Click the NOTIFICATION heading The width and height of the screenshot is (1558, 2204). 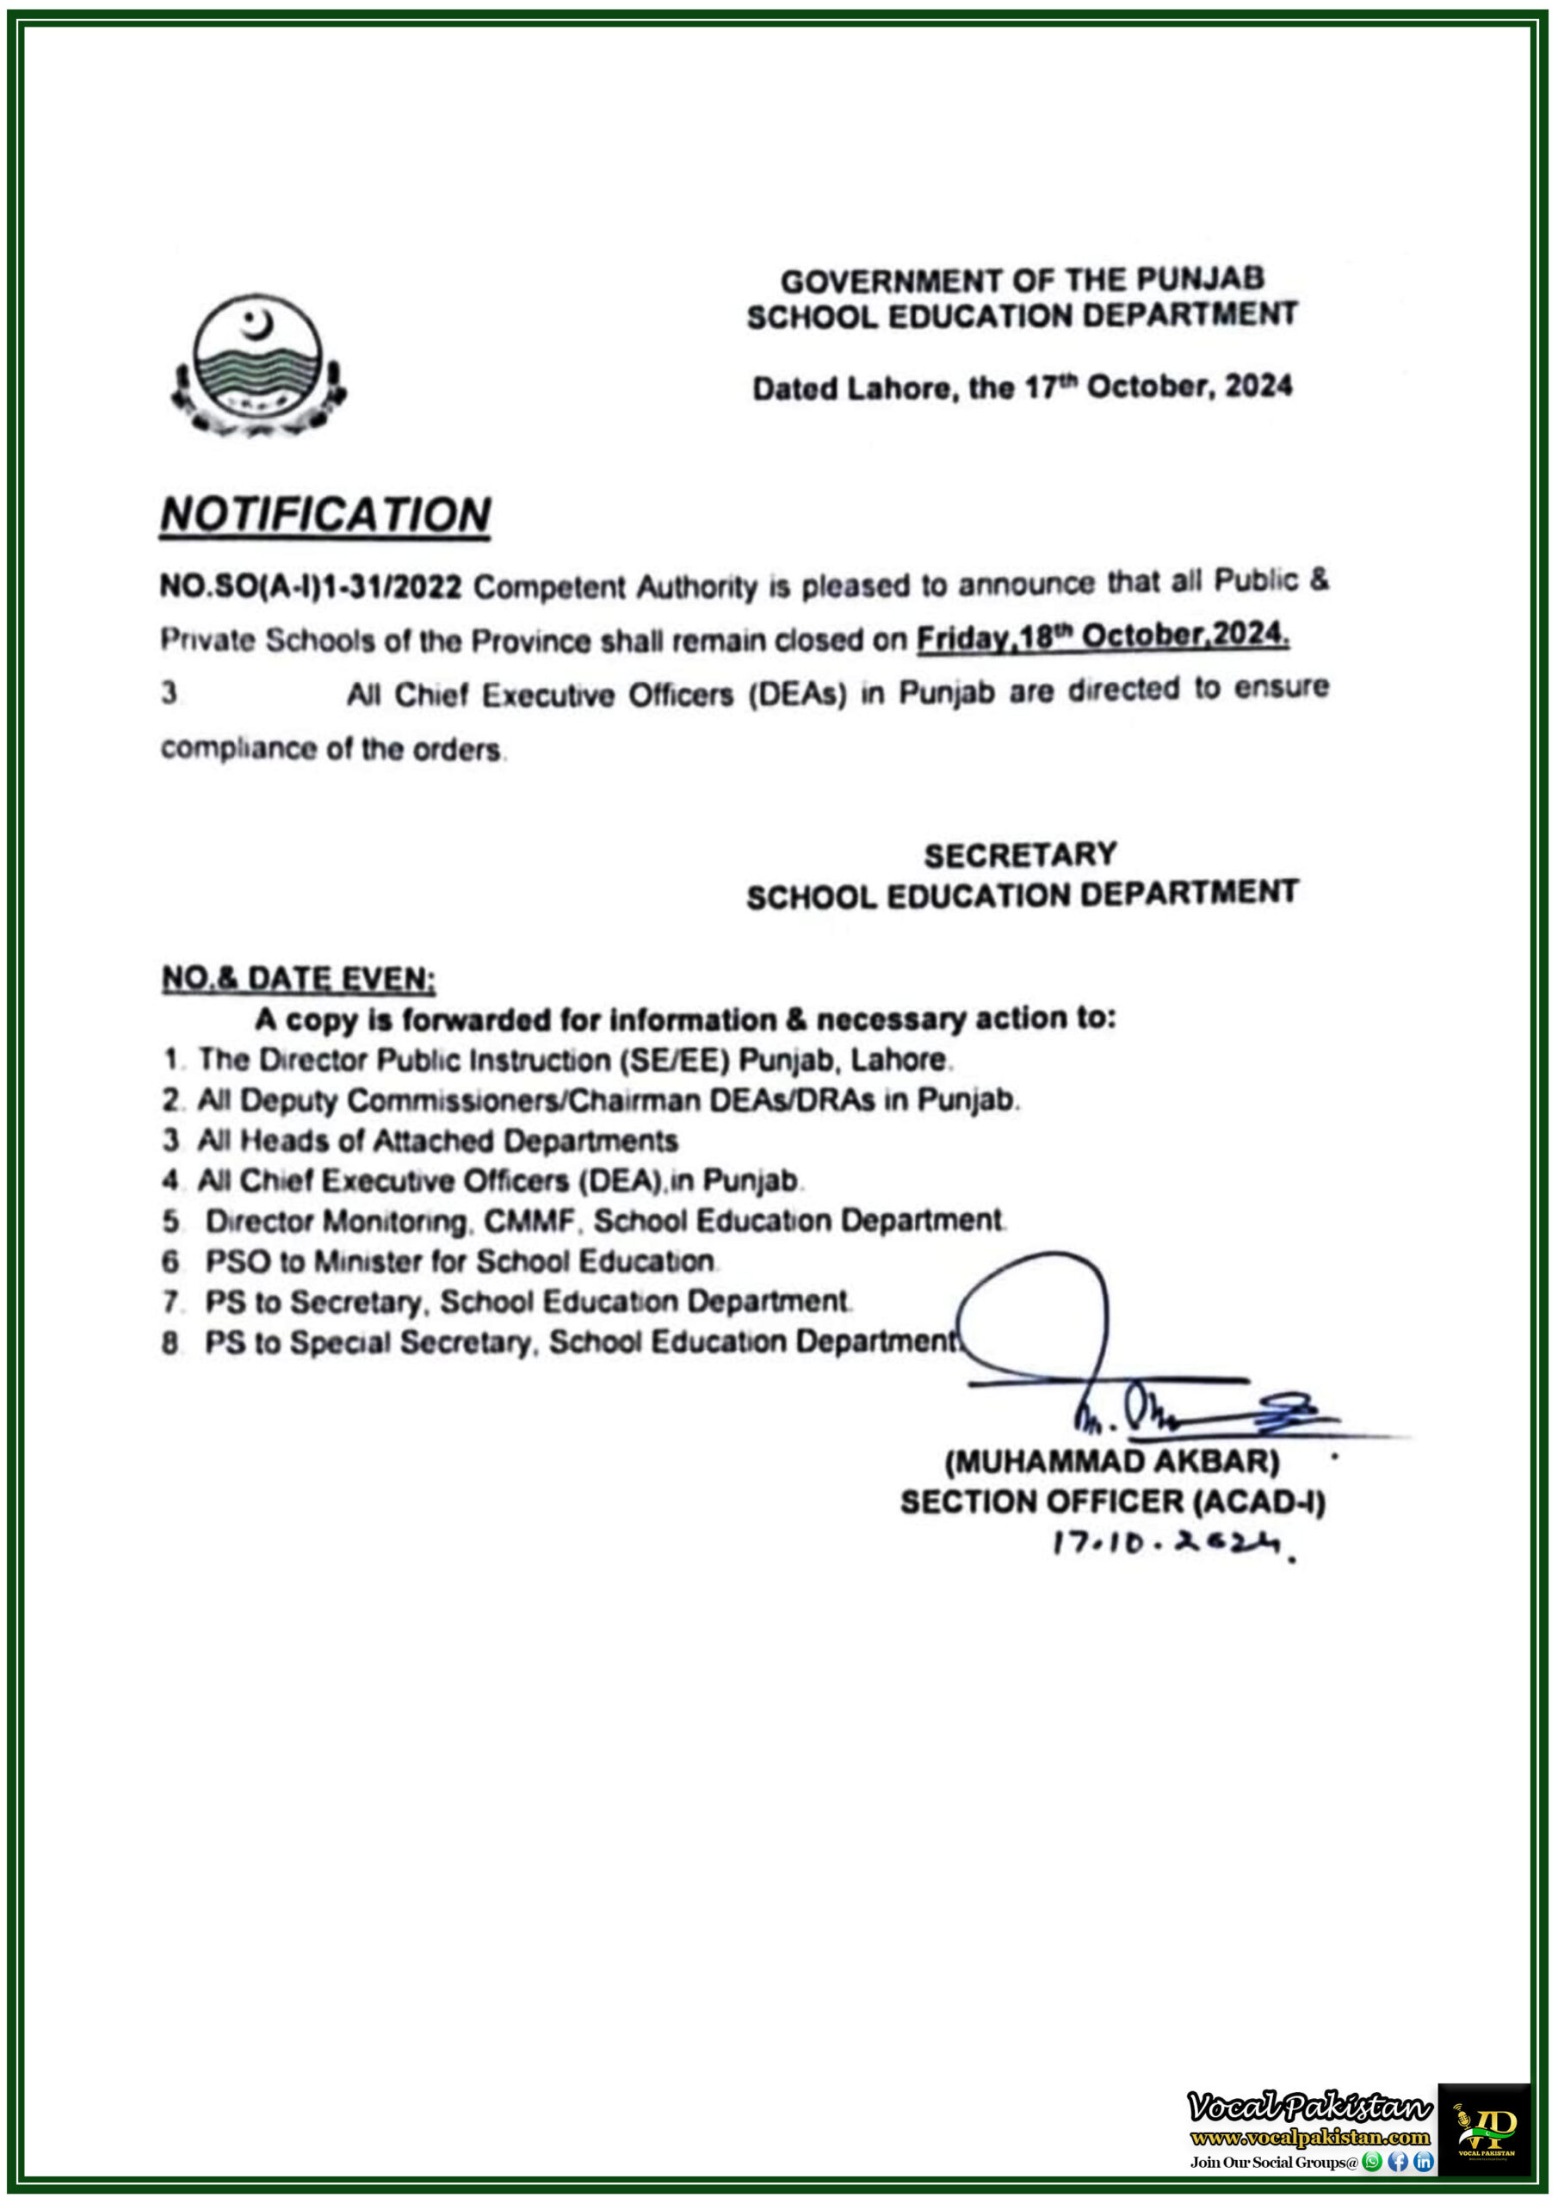325,515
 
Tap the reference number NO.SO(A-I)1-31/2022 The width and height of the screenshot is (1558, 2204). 311,586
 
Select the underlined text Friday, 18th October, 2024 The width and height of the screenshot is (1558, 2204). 1102,636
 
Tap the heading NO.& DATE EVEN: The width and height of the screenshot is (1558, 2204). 299,978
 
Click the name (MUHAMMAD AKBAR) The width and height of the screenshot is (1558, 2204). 1111,1461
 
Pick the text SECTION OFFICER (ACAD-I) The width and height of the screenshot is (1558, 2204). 1111,1501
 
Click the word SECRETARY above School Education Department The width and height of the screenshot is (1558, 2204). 1019,854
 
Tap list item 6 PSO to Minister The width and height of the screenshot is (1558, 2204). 459,1260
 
